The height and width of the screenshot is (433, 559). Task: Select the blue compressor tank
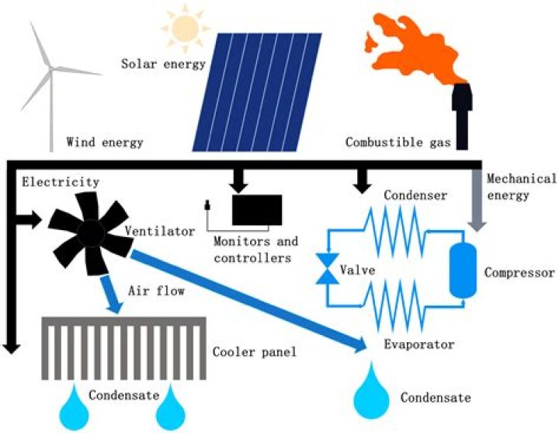point(464,273)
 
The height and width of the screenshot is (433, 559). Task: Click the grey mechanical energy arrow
point(477,202)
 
